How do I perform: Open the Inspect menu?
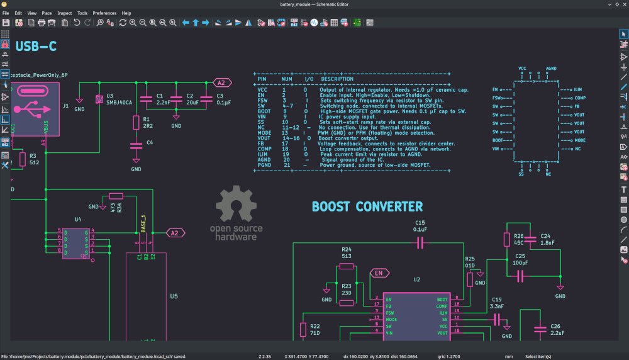pyautogui.click(x=64, y=13)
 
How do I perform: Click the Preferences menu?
pyautogui.click(x=104, y=13)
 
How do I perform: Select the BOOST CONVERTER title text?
pyautogui.click(x=367, y=206)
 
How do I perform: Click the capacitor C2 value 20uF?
pyautogui.click(x=192, y=102)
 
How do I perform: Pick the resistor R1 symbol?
pyautogui.click(x=136, y=121)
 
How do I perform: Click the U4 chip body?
pyautogui.click(x=75, y=242)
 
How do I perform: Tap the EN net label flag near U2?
pyautogui.click(x=379, y=273)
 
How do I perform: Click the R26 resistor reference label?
pyautogui.click(x=519, y=237)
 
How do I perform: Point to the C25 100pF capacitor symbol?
pyautogui.click(x=520, y=276)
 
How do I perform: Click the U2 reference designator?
pyautogui.click(x=416, y=279)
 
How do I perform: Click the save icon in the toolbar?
pyautogui.click(x=6, y=23)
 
